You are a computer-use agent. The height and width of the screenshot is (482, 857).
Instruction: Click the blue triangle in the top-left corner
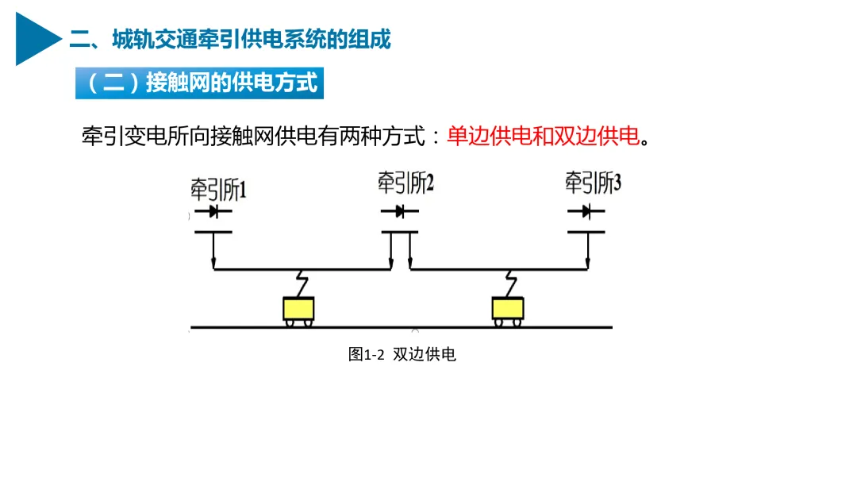36,38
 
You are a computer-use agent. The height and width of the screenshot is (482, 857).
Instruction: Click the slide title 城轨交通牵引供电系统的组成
230,39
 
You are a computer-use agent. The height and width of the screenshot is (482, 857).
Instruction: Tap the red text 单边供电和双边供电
543,136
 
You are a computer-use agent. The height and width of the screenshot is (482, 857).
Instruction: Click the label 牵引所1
218,189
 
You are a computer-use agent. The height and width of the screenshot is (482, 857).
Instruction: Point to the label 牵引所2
405,184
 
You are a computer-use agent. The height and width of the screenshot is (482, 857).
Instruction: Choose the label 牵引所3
593,184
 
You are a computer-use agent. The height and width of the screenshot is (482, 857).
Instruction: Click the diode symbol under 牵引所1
213,212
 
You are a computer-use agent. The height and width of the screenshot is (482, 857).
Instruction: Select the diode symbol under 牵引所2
399,211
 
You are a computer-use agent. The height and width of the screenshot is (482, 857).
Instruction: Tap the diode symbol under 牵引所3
586,211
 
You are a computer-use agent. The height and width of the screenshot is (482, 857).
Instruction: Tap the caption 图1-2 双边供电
402,355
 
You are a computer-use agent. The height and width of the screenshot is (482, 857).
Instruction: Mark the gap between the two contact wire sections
401,269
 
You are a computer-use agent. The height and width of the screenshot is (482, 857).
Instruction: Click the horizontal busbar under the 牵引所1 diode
213,232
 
